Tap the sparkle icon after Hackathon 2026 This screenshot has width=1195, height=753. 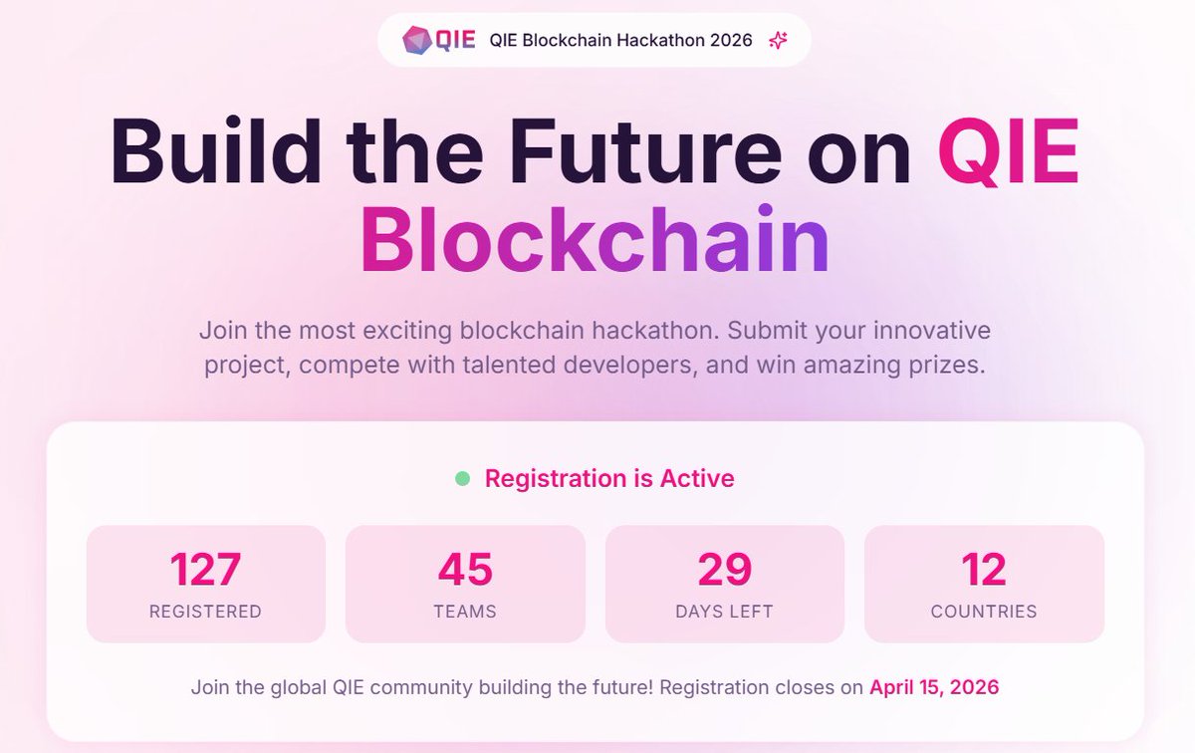point(779,41)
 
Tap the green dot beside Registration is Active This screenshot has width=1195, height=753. point(463,479)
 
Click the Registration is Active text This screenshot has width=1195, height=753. point(609,479)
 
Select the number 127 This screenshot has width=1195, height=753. point(205,570)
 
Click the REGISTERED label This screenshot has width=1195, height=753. point(205,612)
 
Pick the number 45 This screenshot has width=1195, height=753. point(465,570)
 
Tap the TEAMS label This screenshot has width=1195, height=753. point(465,612)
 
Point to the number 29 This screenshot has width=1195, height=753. point(724,570)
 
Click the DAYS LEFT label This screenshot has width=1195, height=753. point(724,612)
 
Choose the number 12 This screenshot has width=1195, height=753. point(984,570)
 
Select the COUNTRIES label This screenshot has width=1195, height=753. point(984,612)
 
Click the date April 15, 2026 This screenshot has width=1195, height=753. point(934,687)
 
